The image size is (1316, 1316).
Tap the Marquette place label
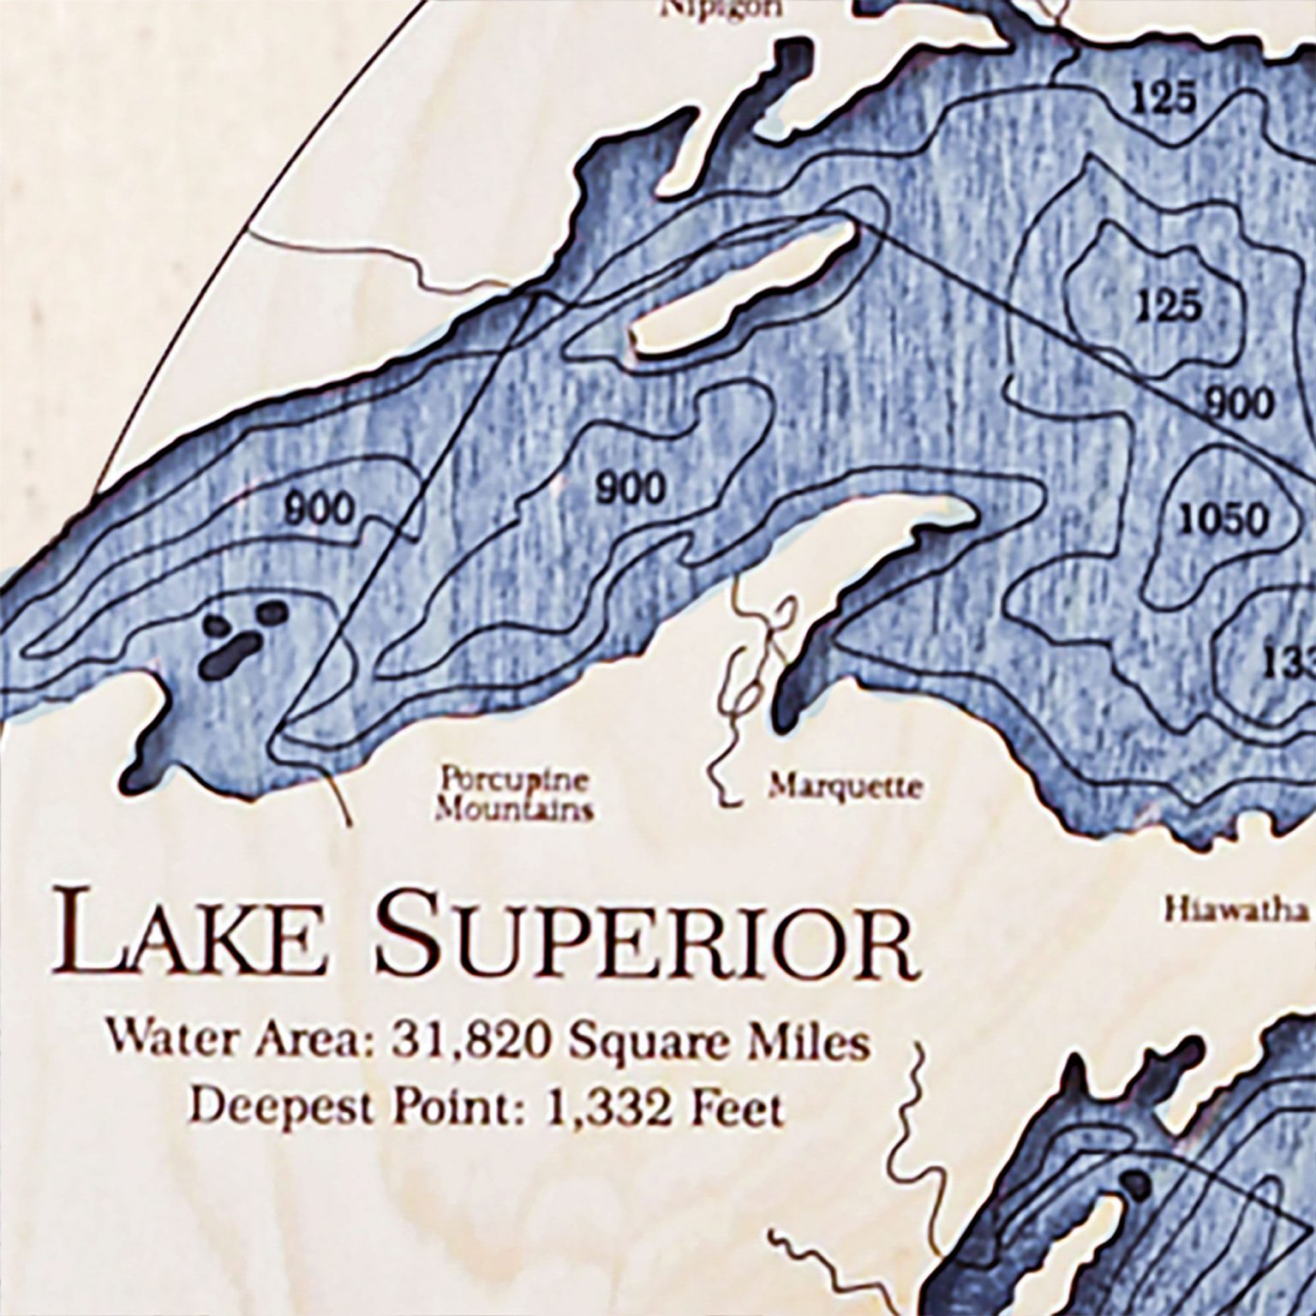pos(845,786)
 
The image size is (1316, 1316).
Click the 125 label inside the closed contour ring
pos(1169,306)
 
